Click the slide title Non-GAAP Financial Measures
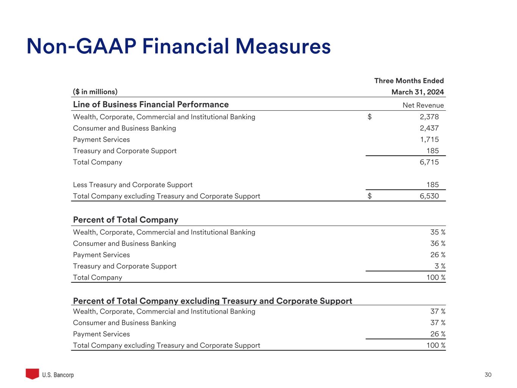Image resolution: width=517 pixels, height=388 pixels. click(x=178, y=47)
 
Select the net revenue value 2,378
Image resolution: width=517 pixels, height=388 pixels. click(x=429, y=117)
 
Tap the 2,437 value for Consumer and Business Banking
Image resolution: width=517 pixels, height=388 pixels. click(x=429, y=128)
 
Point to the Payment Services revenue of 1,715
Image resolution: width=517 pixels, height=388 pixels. click(x=429, y=139)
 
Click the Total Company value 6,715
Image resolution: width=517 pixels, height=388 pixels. click(x=429, y=162)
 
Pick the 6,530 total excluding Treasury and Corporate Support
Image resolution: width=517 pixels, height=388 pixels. click(x=429, y=196)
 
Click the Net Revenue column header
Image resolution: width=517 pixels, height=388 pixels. click(x=423, y=105)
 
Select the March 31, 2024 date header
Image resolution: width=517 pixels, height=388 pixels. click(x=417, y=92)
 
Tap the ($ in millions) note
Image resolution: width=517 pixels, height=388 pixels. click(x=95, y=92)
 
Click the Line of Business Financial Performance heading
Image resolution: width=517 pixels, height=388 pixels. click(x=151, y=105)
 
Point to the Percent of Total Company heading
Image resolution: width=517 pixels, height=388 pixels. click(x=125, y=220)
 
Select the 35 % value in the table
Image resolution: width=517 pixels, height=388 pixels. click(x=437, y=232)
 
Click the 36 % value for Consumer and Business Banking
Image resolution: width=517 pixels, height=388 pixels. click(x=437, y=244)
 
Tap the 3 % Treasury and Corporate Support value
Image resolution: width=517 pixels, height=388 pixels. click(x=440, y=266)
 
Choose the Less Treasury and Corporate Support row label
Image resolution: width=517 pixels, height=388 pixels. click(x=133, y=185)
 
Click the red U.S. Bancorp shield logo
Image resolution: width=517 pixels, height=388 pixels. click(x=32, y=374)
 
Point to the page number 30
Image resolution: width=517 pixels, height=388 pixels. click(x=488, y=375)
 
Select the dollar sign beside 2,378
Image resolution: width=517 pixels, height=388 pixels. click(x=370, y=117)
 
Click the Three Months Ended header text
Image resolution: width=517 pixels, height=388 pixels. click(x=409, y=81)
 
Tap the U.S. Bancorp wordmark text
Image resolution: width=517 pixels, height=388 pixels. click(x=58, y=375)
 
